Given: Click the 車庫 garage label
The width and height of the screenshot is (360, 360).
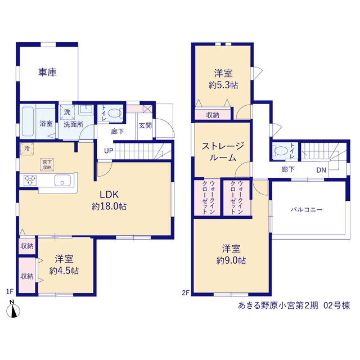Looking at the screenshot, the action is pos(47,72).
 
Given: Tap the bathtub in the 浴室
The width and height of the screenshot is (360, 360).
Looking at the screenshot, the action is pos(28,121).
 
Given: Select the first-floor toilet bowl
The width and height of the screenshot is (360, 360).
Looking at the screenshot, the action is pos(114,113).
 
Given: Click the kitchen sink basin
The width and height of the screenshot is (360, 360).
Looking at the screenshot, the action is pos(62,180).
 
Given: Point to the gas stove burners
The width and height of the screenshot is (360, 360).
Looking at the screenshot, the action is pos(30,180).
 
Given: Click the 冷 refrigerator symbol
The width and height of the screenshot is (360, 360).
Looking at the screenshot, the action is pos(27,148).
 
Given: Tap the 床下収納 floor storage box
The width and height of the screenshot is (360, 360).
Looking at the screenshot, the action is pos(47,164).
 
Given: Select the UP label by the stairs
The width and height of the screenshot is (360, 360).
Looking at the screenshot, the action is pos(109,151).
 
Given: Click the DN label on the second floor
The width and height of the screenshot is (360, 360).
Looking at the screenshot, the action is pos(321,170).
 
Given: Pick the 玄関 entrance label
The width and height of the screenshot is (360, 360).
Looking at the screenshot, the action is pos(145,125).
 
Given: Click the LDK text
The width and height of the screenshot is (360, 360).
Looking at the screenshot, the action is pos(109,195).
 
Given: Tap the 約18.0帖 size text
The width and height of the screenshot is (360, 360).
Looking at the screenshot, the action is pos(109,206).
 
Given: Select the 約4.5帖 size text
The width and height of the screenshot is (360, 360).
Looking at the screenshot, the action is pos(64,271).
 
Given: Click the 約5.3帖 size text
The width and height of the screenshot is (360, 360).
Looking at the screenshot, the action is pos(223,85).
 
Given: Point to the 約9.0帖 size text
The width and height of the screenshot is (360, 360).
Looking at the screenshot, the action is pos(231,260).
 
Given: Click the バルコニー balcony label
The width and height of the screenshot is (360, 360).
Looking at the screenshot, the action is pos(307,210).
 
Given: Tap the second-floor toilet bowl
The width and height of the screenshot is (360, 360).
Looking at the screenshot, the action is pos(281,151).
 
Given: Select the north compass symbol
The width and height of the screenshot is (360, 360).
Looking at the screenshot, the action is pos(13,309).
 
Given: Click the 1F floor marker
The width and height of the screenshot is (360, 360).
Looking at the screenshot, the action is pos(10,291).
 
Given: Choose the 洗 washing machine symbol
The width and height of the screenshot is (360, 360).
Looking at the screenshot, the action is pos(67,112).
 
